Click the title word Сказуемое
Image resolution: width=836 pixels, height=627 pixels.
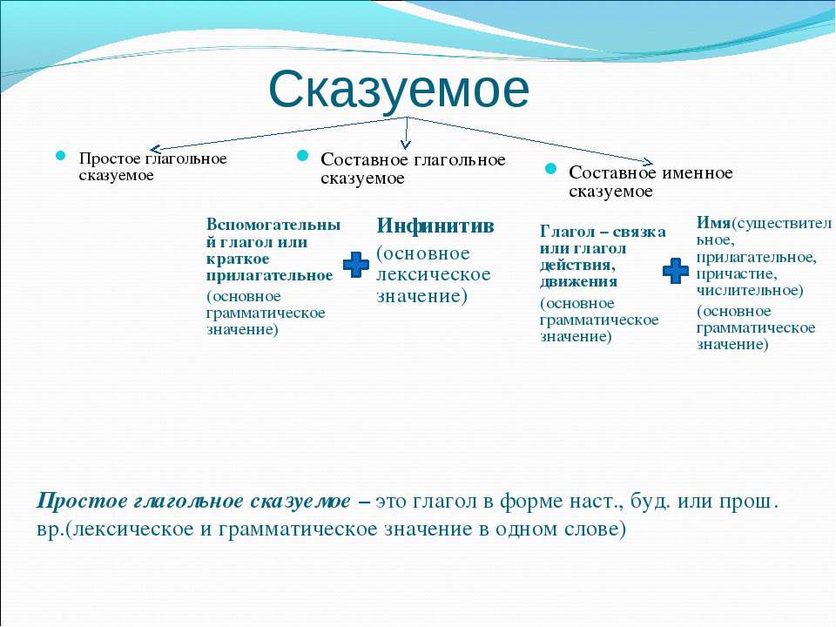click(399, 90)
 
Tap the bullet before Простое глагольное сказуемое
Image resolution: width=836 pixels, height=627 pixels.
click(61, 156)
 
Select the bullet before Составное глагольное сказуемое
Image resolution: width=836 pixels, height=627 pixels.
click(302, 155)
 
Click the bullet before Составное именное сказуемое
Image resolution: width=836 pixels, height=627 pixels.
click(550, 169)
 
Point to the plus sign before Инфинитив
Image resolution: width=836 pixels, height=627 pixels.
click(355, 265)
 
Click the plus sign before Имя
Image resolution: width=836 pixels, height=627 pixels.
click(676, 271)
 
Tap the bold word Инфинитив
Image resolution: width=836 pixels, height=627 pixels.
click(435, 226)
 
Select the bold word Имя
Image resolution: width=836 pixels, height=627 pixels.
click(713, 222)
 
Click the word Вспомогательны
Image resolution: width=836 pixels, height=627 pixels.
click(273, 225)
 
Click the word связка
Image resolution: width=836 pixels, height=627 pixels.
click(638, 232)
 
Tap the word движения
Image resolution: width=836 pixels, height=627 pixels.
click(578, 282)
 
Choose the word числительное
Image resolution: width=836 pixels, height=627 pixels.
click(750, 291)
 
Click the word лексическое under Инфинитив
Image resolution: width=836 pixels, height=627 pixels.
click(434, 274)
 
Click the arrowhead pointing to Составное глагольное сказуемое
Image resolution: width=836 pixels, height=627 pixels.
click(406, 143)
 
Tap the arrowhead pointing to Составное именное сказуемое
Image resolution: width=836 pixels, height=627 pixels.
click(647, 162)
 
